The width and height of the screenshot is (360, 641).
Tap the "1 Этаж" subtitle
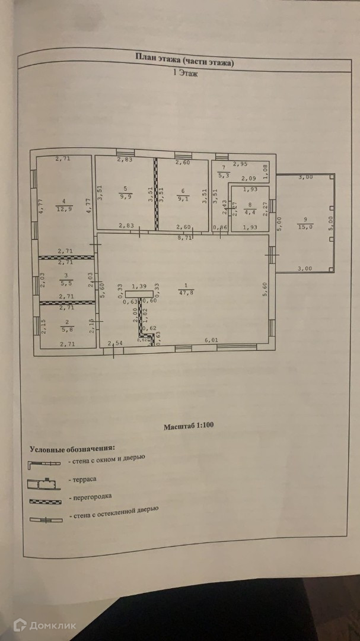click(x=185, y=74)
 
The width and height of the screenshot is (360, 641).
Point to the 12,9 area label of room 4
click(x=65, y=208)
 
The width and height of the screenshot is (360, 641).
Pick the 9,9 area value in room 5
click(x=125, y=198)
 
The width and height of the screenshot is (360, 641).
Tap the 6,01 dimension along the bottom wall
click(x=212, y=339)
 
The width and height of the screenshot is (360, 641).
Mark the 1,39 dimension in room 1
click(x=139, y=286)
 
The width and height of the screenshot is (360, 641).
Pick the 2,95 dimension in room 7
click(x=240, y=163)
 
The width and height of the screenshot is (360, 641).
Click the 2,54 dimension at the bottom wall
click(x=116, y=343)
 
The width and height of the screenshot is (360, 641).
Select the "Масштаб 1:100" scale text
click(x=189, y=427)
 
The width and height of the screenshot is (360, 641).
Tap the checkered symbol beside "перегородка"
click(x=45, y=502)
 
